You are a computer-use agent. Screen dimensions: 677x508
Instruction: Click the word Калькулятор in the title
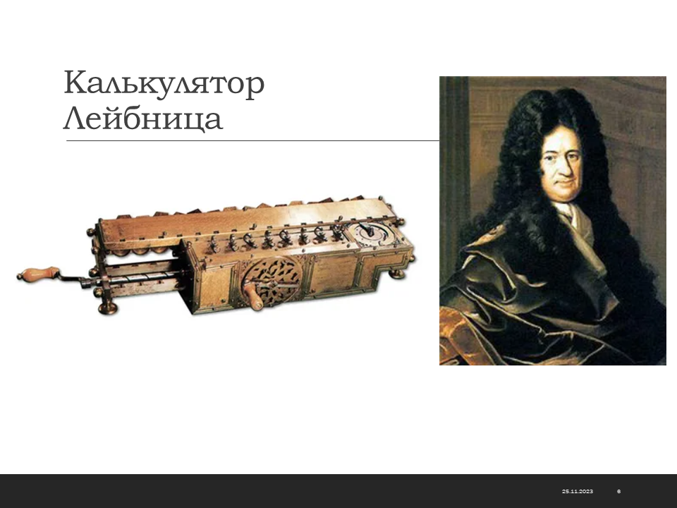[x=164, y=83]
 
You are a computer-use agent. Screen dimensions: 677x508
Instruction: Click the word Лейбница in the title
[x=143, y=119]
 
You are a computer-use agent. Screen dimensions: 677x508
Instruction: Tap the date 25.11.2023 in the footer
[x=578, y=491]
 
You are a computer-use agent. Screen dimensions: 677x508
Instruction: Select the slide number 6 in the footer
[x=619, y=491]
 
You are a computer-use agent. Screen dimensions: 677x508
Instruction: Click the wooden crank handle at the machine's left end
[x=38, y=274]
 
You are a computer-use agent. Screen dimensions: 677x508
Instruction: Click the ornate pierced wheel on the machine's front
[x=272, y=282]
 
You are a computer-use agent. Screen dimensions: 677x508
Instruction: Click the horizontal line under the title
[x=252, y=141]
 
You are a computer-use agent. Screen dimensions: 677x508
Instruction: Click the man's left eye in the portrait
[x=575, y=155]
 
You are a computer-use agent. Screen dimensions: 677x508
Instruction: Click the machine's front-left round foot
[x=107, y=308]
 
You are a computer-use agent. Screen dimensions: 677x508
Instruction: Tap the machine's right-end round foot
[x=397, y=274]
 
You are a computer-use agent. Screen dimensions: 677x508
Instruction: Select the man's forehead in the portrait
[x=561, y=138]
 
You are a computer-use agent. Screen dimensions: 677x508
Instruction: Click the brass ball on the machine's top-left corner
[x=91, y=232]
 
